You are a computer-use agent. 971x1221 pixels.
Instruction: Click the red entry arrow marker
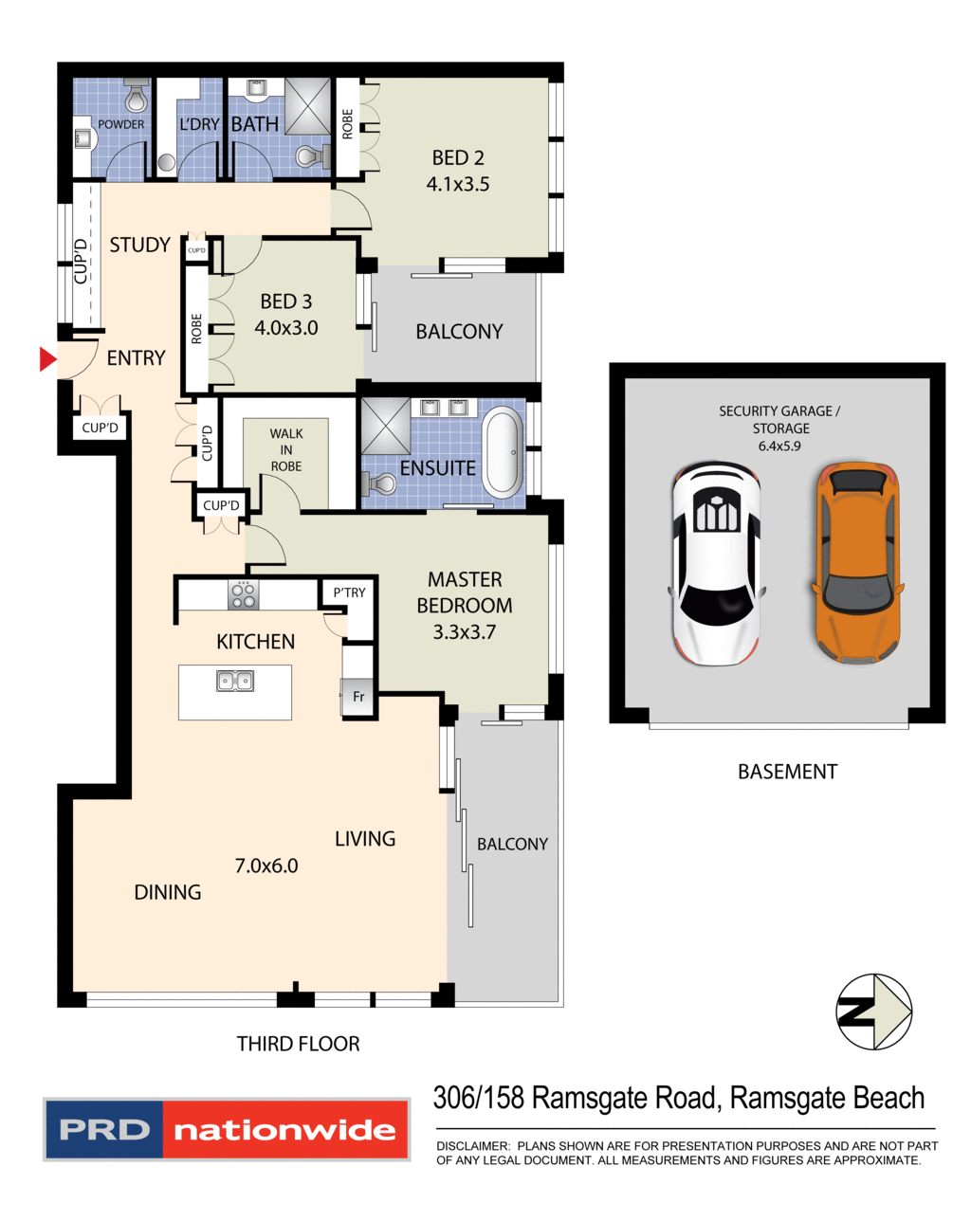(x=46, y=359)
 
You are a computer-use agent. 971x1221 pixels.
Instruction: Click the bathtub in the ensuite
(x=502, y=452)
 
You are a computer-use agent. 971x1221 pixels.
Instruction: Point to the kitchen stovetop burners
(x=243, y=595)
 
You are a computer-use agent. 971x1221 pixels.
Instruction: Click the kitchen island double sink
(x=234, y=681)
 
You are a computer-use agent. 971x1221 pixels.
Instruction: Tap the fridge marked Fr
(x=358, y=697)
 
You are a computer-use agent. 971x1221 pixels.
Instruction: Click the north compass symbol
(x=873, y=1011)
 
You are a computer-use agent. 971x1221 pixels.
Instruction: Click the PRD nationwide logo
(x=227, y=1129)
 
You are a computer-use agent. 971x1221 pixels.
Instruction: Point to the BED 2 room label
(x=458, y=158)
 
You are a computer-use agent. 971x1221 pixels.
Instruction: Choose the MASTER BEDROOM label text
(x=465, y=592)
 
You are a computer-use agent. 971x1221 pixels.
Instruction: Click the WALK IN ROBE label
(x=285, y=449)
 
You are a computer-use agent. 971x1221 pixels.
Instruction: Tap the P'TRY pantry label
(x=349, y=592)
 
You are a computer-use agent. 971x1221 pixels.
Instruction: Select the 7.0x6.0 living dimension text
(x=266, y=866)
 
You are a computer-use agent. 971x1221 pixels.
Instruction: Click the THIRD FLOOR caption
(x=298, y=1044)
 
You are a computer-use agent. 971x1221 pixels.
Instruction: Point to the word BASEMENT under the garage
(x=787, y=772)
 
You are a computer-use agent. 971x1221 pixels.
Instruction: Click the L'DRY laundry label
(x=199, y=124)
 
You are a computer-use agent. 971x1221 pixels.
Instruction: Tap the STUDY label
(x=139, y=246)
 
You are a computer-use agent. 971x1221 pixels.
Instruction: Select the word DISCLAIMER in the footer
(x=472, y=1146)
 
